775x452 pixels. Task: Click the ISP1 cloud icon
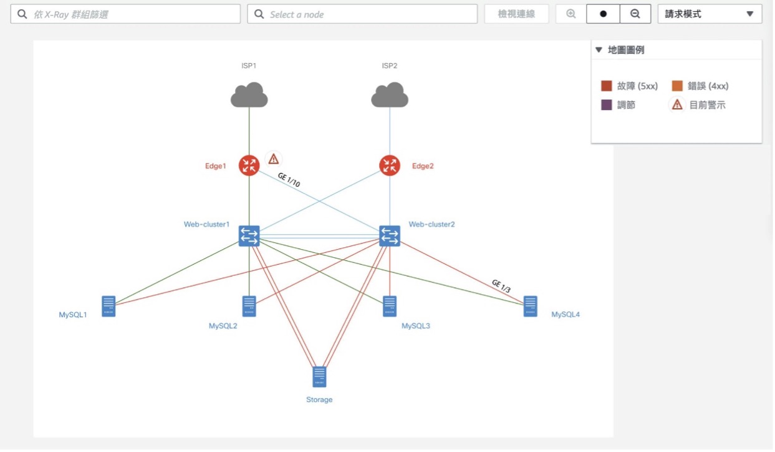(x=249, y=94)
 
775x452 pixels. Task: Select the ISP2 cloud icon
(x=390, y=94)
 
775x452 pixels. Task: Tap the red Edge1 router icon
(x=249, y=165)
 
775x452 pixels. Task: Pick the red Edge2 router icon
(x=390, y=165)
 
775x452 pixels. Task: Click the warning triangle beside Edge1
(x=273, y=159)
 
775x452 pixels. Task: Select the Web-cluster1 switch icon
(x=249, y=236)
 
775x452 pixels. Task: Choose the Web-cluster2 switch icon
(x=390, y=236)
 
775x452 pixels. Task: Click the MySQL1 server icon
(x=108, y=306)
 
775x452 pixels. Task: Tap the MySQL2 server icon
(x=249, y=306)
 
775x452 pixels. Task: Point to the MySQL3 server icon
(x=390, y=306)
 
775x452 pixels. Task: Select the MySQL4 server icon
(x=531, y=306)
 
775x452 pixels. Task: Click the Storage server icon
(x=319, y=377)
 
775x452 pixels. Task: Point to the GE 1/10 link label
(x=289, y=180)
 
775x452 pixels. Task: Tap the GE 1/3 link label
(x=501, y=286)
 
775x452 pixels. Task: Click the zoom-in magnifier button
(x=571, y=14)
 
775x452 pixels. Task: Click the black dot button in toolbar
(x=603, y=14)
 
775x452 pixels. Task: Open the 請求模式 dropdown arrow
(x=749, y=14)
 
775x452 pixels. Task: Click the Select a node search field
(x=362, y=14)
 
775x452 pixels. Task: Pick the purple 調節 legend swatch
(x=606, y=105)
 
